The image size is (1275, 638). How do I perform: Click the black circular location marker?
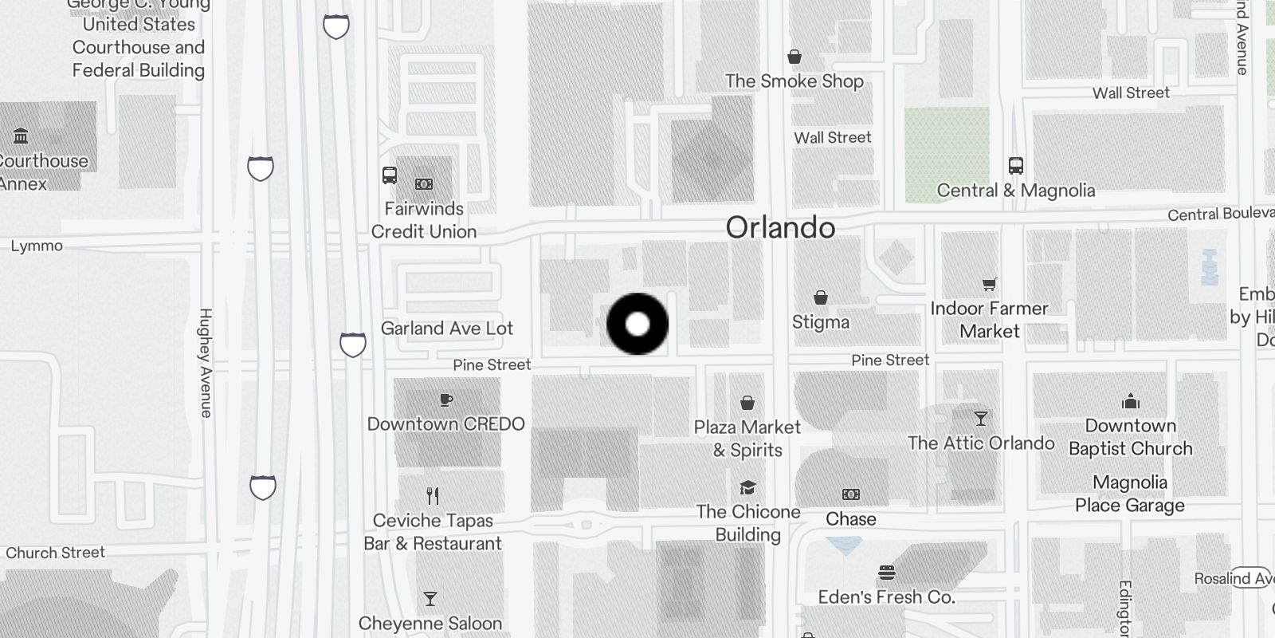(637, 324)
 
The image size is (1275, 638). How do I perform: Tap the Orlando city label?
(780, 228)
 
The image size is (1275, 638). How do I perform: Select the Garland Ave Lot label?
(446, 329)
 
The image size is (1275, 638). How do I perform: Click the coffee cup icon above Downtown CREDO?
(446, 400)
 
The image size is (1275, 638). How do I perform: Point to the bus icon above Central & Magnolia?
(1015, 166)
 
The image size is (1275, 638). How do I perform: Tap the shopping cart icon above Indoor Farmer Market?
(990, 284)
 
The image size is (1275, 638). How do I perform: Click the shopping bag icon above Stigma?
(821, 297)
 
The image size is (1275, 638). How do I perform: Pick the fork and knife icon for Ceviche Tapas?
(433, 496)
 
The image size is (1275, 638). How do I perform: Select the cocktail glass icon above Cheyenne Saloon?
(430, 599)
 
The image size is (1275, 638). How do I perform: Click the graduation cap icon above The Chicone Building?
(747, 487)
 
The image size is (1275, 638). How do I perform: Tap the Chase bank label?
(851, 519)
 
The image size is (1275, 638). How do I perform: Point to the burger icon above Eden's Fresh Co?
(887, 573)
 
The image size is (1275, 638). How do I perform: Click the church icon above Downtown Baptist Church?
(1130, 400)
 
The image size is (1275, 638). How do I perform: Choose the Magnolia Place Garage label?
(1130, 494)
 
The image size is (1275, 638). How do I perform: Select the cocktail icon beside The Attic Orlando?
(981, 419)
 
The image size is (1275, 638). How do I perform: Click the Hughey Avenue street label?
(206, 363)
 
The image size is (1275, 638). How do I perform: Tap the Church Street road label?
(56, 553)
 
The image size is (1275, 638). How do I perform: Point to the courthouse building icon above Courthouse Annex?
(22, 136)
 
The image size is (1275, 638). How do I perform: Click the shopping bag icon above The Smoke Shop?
(794, 57)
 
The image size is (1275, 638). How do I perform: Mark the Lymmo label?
(37, 246)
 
